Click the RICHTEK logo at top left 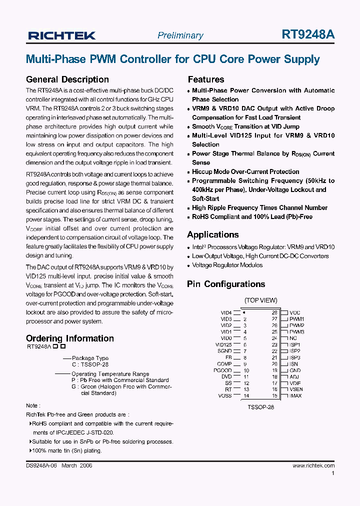click(x=61, y=35)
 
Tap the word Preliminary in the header click(x=180, y=35)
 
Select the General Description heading click(x=67, y=79)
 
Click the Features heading click(x=205, y=79)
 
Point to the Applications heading click(x=212, y=234)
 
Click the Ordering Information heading click(x=69, y=338)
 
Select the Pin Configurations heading click(x=226, y=284)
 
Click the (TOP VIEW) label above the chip click(x=260, y=300)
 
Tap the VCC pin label click(x=295, y=312)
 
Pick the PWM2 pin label click(x=296, y=325)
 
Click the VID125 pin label click(x=223, y=344)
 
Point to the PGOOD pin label click(x=222, y=370)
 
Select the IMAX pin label click(x=295, y=396)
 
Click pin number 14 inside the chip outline click(x=245, y=396)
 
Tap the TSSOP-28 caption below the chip click(x=260, y=407)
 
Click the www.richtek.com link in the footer click(x=313, y=465)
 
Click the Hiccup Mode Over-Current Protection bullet click(x=245, y=171)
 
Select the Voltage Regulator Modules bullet click(x=227, y=265)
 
